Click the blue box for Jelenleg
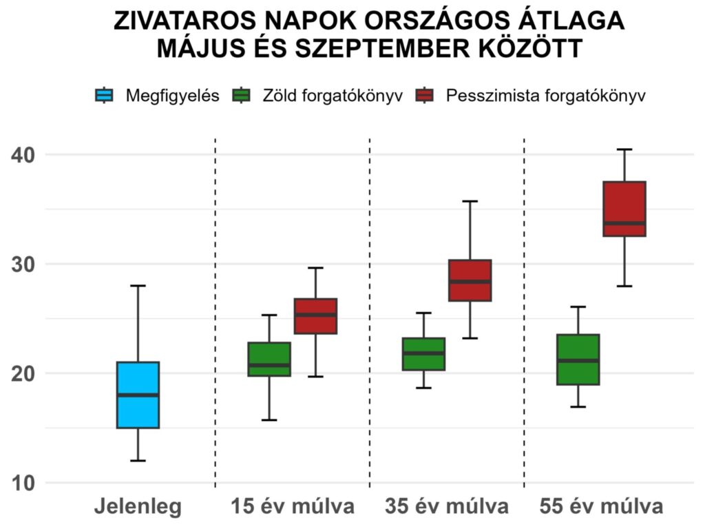138,406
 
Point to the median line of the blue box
138,395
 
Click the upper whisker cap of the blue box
138,285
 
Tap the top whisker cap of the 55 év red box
624,149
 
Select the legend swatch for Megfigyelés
103,96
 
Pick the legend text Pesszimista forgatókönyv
545,96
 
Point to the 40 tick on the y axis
25,154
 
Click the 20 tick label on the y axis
25,373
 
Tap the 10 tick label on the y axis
25,483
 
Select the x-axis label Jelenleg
138,508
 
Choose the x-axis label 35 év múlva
447,508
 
